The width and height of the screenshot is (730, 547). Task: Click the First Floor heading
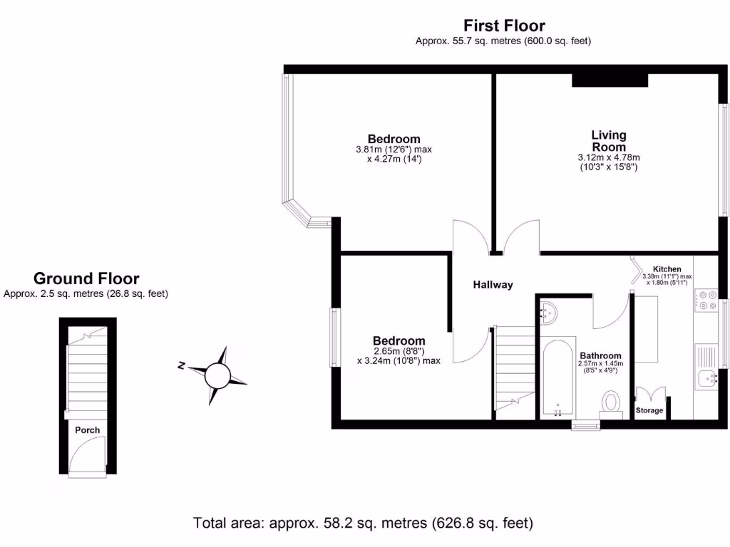[x=504, y=26]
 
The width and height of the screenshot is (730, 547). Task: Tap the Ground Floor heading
[x=86, y=278]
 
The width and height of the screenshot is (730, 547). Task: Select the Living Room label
[x=609, y=141]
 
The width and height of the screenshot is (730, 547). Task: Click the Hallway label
[x=493, y=285]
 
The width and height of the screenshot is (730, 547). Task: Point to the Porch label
[x=87, y=429]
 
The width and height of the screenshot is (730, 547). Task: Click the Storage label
[x=649, y=411]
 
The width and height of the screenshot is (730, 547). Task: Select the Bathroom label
[x=600, y=355]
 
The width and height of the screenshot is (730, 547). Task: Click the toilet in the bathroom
[x=611, y=402]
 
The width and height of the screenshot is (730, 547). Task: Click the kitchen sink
[x=709, y=379]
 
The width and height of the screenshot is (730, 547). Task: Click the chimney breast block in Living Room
[x=610, y=80]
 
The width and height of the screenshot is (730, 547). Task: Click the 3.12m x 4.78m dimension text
[x=609, y=157]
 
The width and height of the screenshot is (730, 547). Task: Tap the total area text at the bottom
[x=364, y=523]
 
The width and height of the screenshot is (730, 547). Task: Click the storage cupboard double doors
[x=649, y=395]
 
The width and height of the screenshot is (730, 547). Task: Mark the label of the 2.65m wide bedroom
[x=399, y=341]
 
